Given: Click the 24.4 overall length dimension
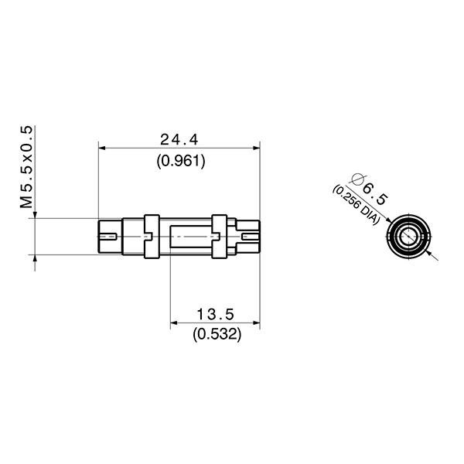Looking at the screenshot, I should click(x=179, y=140).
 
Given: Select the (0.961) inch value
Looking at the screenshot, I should click(x=179, y=161).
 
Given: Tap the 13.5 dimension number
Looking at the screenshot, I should click(x=216, y=315).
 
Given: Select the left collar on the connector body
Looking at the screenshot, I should click(x=150, y=235).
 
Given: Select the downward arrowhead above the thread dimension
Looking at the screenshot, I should click(x=36, y=213).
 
